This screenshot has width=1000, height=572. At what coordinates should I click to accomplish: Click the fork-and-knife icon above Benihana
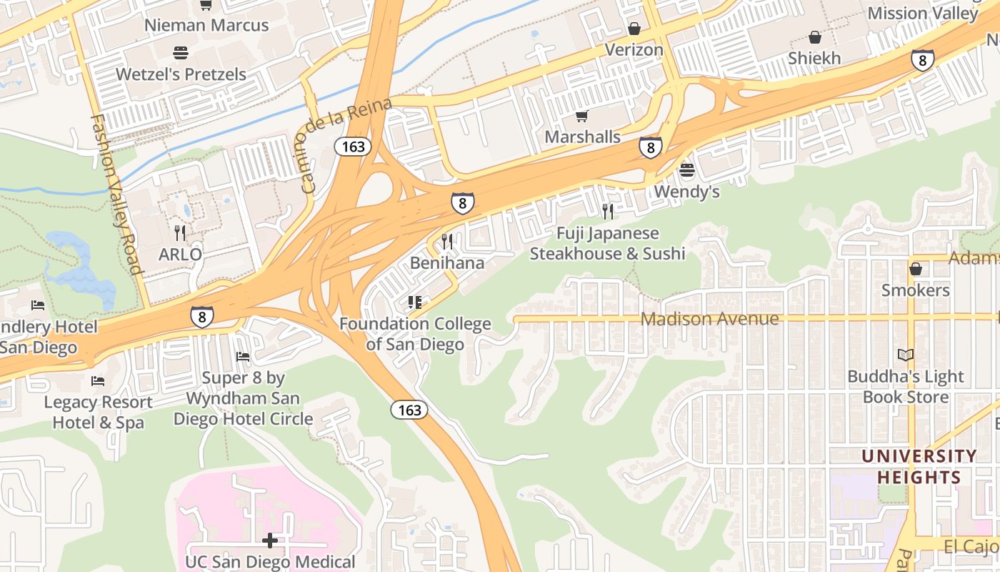tap(447, 241)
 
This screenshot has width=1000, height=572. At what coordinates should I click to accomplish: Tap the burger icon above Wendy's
tap(686, 170)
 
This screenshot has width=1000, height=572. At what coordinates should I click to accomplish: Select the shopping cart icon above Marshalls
tap(582, 116)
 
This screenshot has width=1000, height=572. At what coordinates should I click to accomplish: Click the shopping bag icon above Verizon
tap(634, 29)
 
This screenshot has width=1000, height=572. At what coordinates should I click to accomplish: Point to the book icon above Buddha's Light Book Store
tap(905, 355)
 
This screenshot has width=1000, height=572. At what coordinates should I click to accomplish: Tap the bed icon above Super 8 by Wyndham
tap(243, 356)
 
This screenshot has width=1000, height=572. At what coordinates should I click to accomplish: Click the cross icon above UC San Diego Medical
tap(269, 541)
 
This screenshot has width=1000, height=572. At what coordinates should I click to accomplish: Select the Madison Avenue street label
tap(709, 318)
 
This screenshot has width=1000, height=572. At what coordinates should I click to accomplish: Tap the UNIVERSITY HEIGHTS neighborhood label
tap(919, 466)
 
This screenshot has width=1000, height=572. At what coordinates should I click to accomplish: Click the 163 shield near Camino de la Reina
tap(353, 147)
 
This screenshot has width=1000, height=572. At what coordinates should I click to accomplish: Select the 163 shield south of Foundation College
tap(409, 410)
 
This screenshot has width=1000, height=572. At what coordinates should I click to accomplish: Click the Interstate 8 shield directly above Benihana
tap(462, 203)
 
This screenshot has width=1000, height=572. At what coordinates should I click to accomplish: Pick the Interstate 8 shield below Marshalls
tap(650, 147)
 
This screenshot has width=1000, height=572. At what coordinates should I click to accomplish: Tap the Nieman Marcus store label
tap(206, 25)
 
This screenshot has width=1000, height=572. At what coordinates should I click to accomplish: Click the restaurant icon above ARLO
tap(180, 232)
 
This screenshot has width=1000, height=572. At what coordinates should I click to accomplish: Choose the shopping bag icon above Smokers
tap(915, 269)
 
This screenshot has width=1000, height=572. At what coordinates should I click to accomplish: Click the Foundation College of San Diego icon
tap(414, 302)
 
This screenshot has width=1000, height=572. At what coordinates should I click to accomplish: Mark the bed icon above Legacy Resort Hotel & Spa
tap(98, 380)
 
